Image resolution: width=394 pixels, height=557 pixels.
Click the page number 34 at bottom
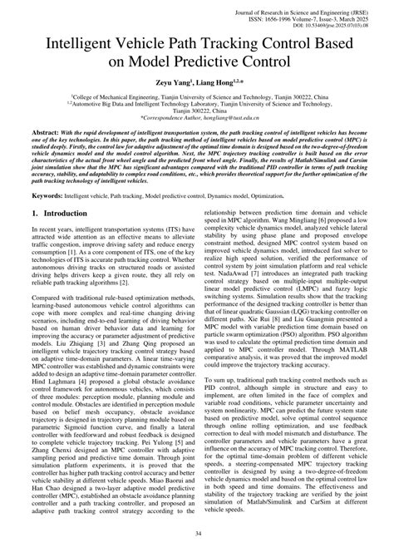tap(197, 534)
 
